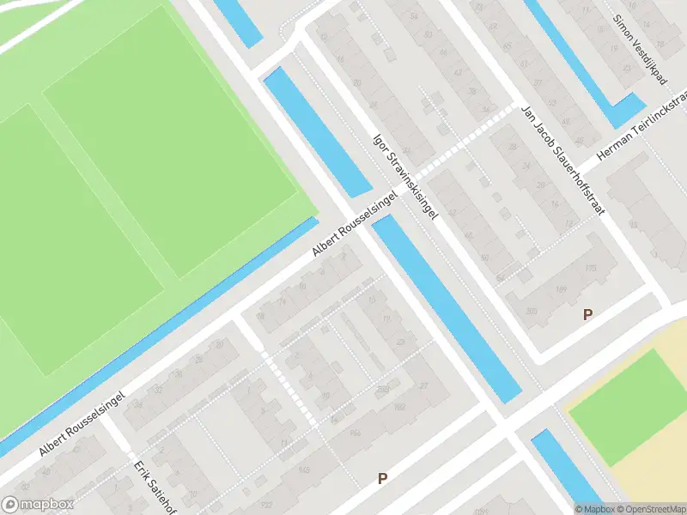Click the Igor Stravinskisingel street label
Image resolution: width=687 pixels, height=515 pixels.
pyautogui.click(x=405, y=175)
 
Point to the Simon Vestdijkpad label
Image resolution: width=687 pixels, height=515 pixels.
pyautogui.click(x=641, y=46)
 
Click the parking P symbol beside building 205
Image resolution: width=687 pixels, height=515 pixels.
pyautogui.click(x=587, y=315)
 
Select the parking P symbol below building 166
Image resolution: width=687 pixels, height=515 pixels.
pyautogui.click(x=383, y=478)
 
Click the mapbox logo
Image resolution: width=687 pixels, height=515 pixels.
pyautogui.click(x=38, y=505)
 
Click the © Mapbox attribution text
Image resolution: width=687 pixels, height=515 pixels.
pyautogui.click(x=593, y=509)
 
